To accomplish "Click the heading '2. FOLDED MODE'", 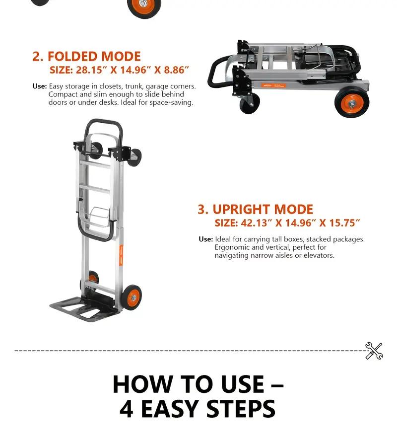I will coord(86,56).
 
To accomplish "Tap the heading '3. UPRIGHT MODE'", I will coord(255,209).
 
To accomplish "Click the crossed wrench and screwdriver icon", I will coord(374,351).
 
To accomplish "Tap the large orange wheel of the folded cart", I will coord(352,103).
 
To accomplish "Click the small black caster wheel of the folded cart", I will coord(250,104).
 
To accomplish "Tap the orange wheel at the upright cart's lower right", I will coord(132,297).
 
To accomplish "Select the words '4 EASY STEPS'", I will coord(198,409).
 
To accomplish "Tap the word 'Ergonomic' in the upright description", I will coord(232,247).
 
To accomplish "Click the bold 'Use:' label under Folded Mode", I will coord(40,86).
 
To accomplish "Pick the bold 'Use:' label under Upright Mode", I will coord(205,239).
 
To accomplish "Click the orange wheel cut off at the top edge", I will coord(144,7).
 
